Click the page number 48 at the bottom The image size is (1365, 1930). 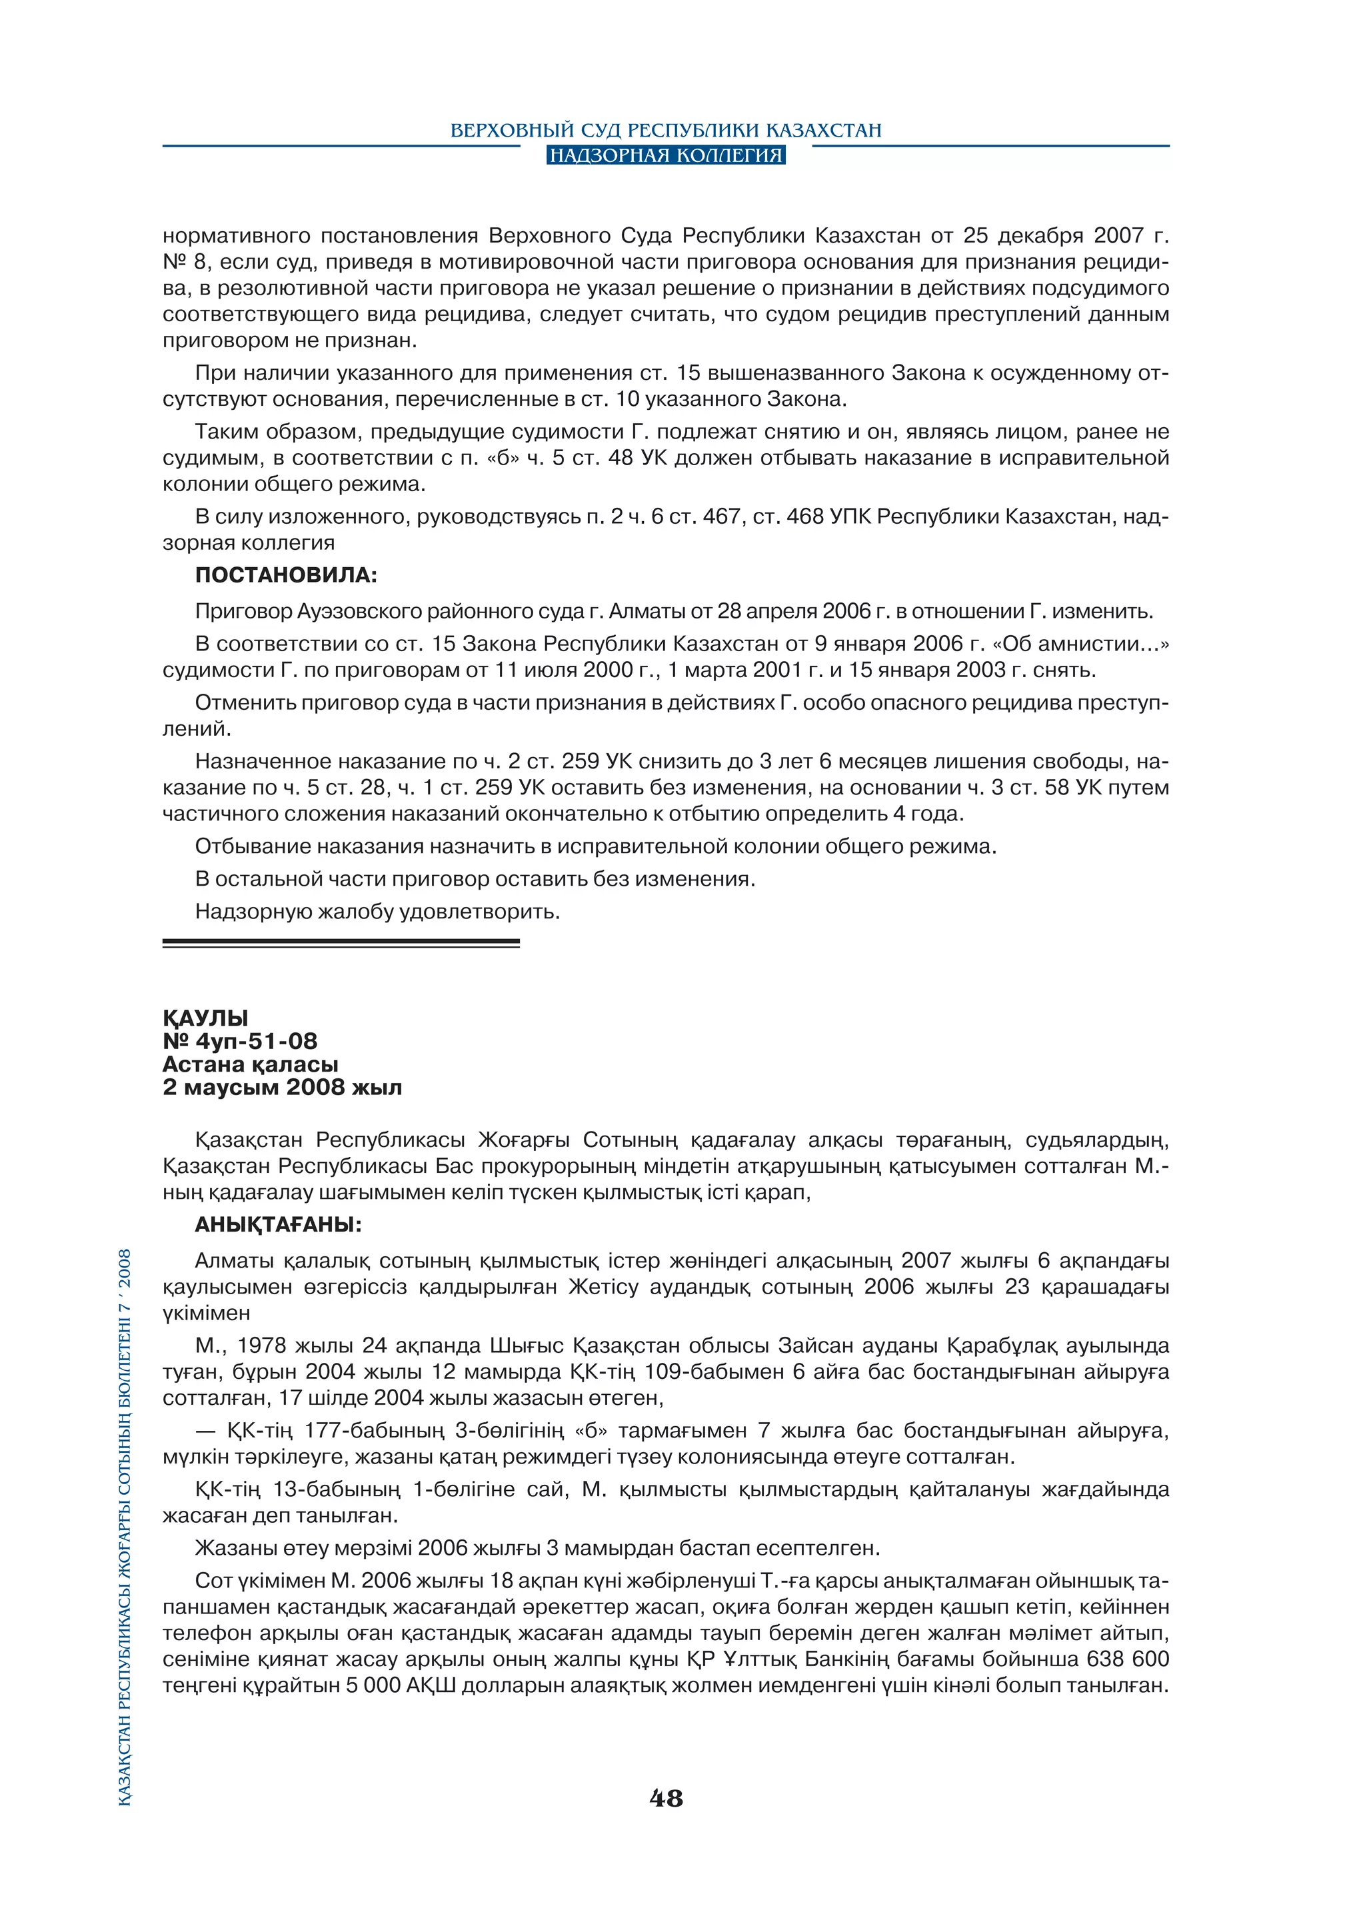pyautogui.click(x=666, y=1798)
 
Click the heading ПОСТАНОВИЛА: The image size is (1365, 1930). pyautogui.click(x=286, y=576)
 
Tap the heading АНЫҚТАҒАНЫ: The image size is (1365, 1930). pyautogui.click(x=277, y=1225)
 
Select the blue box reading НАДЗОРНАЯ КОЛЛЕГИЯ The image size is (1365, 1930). pyautogui.click(x=666, y=155)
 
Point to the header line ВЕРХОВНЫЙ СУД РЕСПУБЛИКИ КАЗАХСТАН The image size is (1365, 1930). pyautogui.click(x=666, y=131)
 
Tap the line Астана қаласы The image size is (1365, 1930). pyautogui.click(x=250, y=1064)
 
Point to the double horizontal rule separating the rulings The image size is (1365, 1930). pyautogui.click(x=341, y=943)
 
